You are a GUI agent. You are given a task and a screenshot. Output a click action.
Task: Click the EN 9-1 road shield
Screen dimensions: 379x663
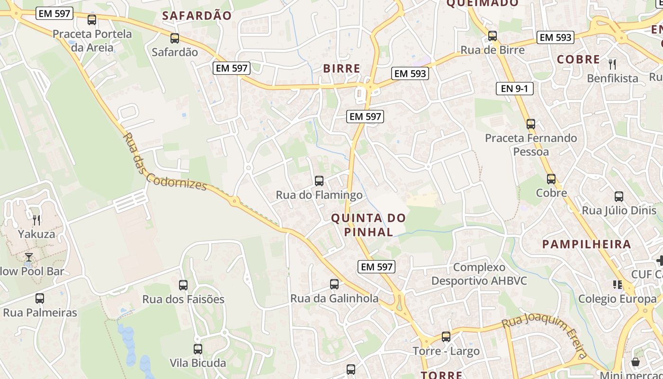pyautogui.click(x=514, y=88)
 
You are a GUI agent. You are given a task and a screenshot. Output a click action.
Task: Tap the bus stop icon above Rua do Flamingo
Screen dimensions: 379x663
pyautogui.click(x=319, y=180)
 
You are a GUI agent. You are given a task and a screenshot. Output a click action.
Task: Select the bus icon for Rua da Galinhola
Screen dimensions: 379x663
pyautogui.click(x=334, y=284)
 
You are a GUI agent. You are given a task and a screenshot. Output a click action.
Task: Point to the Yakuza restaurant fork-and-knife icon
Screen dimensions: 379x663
pyautogui.click(x=36, y=220)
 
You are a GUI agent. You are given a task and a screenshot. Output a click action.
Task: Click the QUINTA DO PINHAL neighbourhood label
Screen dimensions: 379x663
pyautogui.click(x=368, y=225)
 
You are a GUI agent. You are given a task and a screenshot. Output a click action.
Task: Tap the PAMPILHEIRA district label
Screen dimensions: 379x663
pyautogui.click(x=587, y=244)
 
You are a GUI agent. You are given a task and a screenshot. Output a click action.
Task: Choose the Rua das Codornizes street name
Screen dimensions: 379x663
pyautogui.click(x=164, y=162)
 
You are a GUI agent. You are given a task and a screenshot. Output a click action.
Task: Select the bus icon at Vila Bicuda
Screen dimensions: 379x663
pyautogui.click(x=198, y=349)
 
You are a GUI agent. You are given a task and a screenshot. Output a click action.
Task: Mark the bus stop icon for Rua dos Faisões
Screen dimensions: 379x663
pyautogui.click(x=183, y=285)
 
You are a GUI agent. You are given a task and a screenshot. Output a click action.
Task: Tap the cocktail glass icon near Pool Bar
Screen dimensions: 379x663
pyautogui.click(x=29, y=257)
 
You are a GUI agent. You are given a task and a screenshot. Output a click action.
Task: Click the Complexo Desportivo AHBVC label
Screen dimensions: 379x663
pyautogui.click(x=479, y=274)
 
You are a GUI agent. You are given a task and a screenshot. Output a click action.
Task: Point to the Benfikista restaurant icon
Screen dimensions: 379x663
pyautogui.click(x=613, y=64)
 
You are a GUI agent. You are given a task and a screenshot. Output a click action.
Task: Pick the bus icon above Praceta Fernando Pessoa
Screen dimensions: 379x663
pyautogui.click(x=531, y=124)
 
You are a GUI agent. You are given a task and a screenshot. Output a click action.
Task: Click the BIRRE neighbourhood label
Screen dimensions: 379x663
pyautogui.click(x=341, y=68)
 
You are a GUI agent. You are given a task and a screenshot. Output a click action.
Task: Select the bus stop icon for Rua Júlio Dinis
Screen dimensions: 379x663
pyautogui.click(x=619, y=197)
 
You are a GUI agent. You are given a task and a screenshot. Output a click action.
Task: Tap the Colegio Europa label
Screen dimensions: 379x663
pyautogui.click(x=618, y=299)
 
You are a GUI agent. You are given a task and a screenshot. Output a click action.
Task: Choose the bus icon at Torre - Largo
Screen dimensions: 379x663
pyautogui.click(x=446, y=337)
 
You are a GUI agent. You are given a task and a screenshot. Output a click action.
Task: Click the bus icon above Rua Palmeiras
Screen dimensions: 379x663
pyautogui.click(x=40, y=298)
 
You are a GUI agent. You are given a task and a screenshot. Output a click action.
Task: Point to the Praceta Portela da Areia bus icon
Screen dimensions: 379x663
pyautogui.click(x=92, y=20)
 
